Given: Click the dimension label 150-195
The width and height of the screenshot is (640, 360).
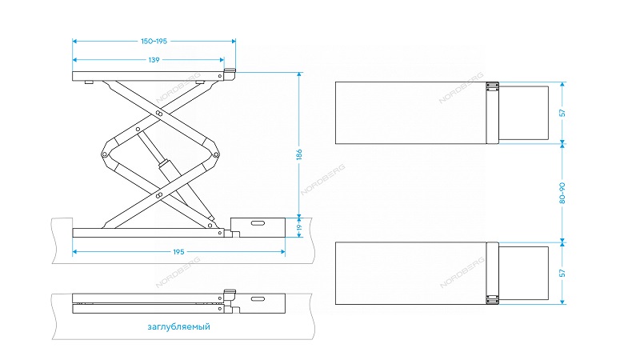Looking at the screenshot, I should [x=154, y=40].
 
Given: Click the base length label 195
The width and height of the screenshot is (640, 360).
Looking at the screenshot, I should [x=178, y=252].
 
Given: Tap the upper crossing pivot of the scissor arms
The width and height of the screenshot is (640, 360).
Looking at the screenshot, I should [x=159, y=114].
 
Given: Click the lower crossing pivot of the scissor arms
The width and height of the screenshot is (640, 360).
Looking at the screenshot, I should [x=160, y=194].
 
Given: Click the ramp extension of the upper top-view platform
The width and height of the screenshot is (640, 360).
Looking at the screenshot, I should [x=523, y=113].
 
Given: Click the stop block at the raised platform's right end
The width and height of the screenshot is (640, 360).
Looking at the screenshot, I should [x=229, y=73].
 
